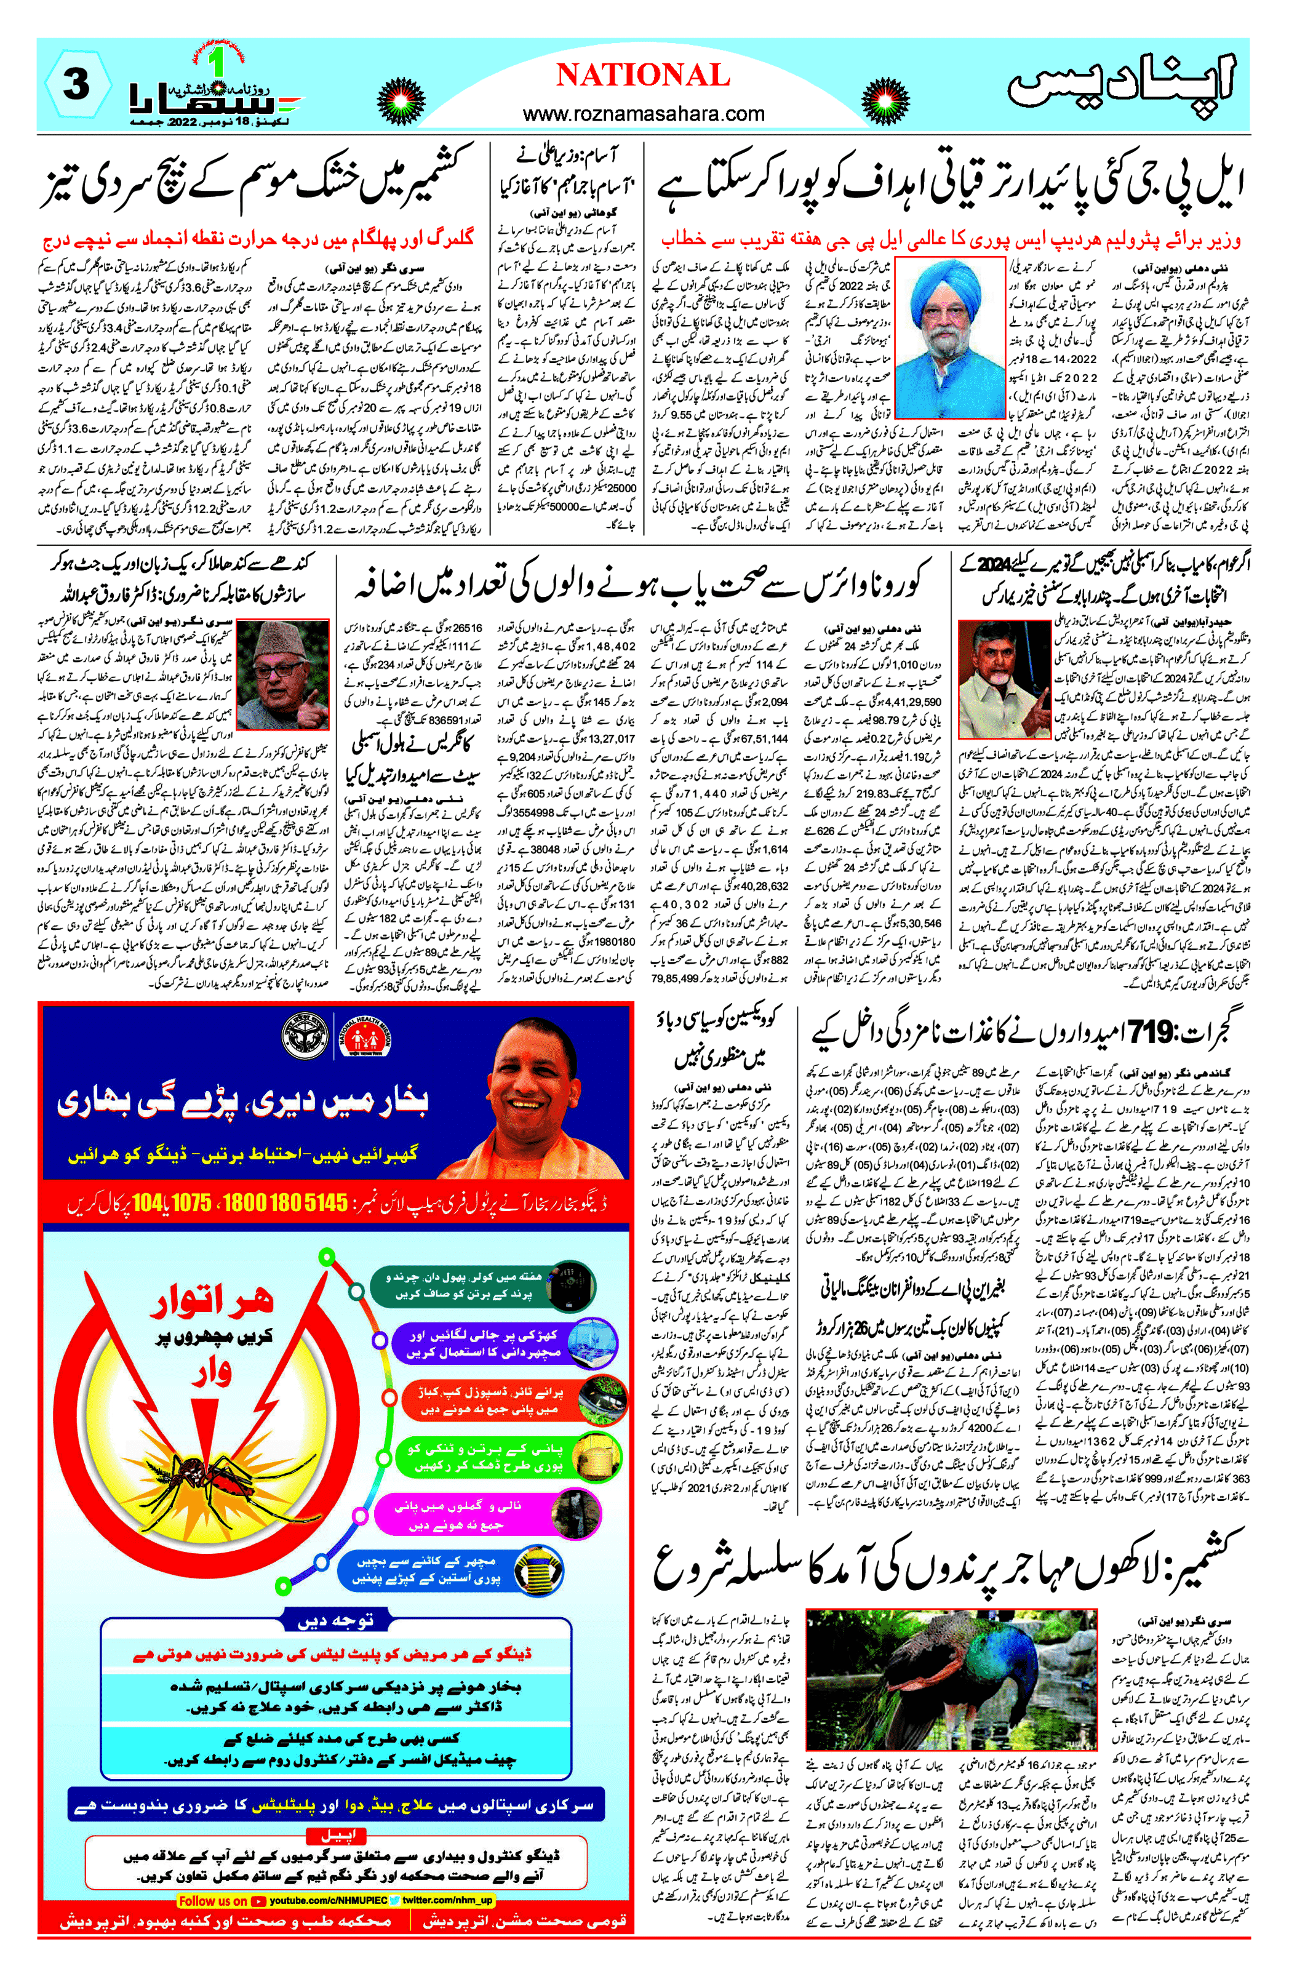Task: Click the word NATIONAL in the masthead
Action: (x=643, y=76)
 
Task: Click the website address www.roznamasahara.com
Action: (x=643, y=114)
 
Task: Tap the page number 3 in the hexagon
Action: (x=76, y=84)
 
